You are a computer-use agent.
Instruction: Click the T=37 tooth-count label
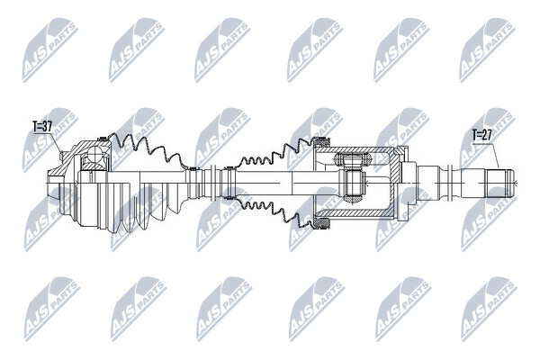click(42, 126)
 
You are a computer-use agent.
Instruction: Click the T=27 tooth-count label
click(482, 135)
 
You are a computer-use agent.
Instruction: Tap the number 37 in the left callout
click(47, 126)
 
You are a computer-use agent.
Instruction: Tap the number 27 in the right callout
click(487, 135)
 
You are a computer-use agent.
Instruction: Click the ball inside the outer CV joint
click(95, 155)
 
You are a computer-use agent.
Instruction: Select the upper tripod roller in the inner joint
click(352, 159)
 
